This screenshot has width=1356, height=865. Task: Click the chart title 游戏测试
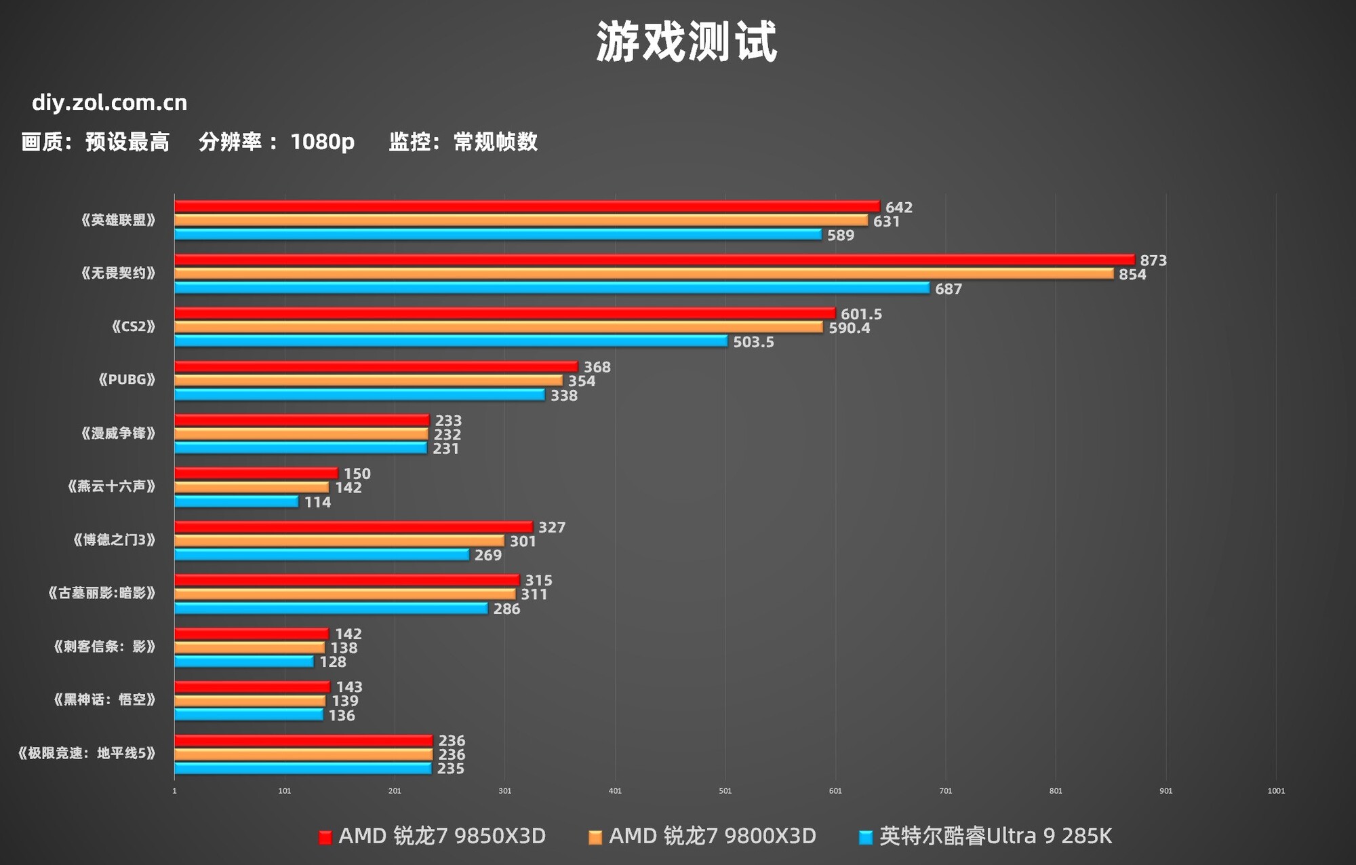point(686,42)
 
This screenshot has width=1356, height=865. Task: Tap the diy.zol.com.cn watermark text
point(109,102)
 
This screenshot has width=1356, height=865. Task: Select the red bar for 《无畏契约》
point(654,259)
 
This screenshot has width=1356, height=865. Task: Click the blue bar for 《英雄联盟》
point(498,234)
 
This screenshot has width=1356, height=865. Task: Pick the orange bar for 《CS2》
point(498,327)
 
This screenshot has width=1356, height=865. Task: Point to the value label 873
point(1153,261)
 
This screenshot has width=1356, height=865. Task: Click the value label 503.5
point(753,342)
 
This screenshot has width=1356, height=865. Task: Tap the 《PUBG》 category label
point(127,380)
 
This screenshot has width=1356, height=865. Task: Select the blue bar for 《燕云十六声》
point(236,501)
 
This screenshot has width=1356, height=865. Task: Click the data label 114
point(317,503)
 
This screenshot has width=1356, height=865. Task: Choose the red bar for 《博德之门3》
point(353,526)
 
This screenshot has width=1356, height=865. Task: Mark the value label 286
point(506,609)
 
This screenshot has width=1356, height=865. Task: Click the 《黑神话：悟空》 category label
point(104,699)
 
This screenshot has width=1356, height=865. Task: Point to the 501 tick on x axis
point(725,791)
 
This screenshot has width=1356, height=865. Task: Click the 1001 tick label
point(1275,791)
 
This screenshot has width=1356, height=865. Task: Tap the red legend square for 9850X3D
point(325,838)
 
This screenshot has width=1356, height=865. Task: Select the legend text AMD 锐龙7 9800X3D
point(712,836)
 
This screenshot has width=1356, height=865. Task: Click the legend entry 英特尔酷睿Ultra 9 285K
point(995,836)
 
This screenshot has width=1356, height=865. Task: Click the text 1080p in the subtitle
point(322,142)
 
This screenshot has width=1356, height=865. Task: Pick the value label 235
point(450,769)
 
